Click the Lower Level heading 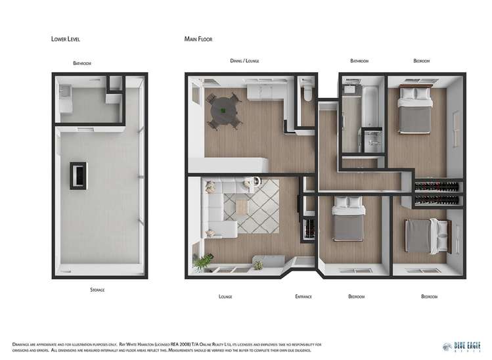click(66, 39)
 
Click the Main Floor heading click(198, 39)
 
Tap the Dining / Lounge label click(244, 61)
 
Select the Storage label click(97, 289)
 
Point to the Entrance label click(303, 296)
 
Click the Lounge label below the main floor click(225, 296)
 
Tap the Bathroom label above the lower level click(82, 64)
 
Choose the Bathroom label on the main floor click(359, 61)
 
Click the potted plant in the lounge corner click(203, 261)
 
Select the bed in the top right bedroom click(416, 110)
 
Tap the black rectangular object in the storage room click(78, 175)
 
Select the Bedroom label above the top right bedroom click(421, 61)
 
